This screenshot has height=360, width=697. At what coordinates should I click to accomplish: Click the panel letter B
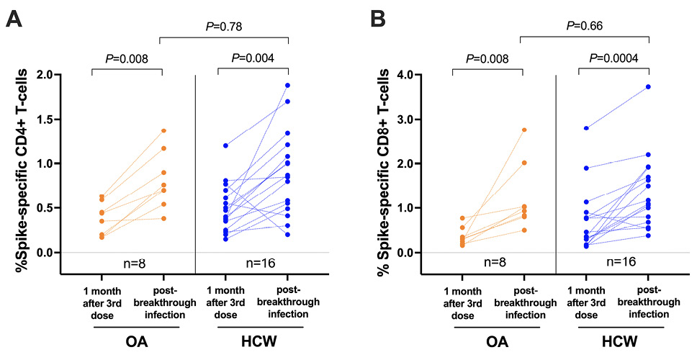pos(379,19)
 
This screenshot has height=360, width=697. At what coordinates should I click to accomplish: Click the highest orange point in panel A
pos(163,130)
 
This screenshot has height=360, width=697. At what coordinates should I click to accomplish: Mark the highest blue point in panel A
pos(288,85)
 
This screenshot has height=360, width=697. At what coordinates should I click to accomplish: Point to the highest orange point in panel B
pos(524,130)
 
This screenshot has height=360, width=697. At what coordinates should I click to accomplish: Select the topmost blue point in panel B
pos(649,86)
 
